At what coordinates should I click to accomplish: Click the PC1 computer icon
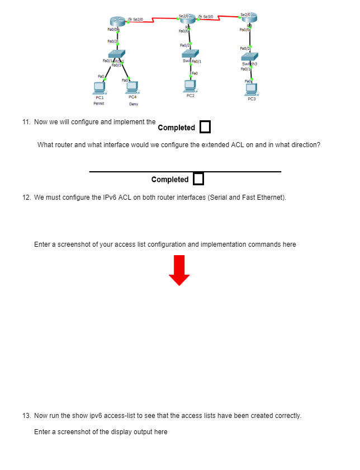(99, 87)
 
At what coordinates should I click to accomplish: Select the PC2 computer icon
(191, 85)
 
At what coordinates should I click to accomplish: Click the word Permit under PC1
(99, 104)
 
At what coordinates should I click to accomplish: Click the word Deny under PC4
(133, 104)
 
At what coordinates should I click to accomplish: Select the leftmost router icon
(117, 22)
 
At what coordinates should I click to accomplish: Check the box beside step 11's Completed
(205, 127)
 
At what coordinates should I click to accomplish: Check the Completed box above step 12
(198, 179)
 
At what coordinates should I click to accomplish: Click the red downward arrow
(179, 270)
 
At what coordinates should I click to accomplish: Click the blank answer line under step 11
(185, 171)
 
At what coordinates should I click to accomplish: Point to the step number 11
(26, 121)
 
